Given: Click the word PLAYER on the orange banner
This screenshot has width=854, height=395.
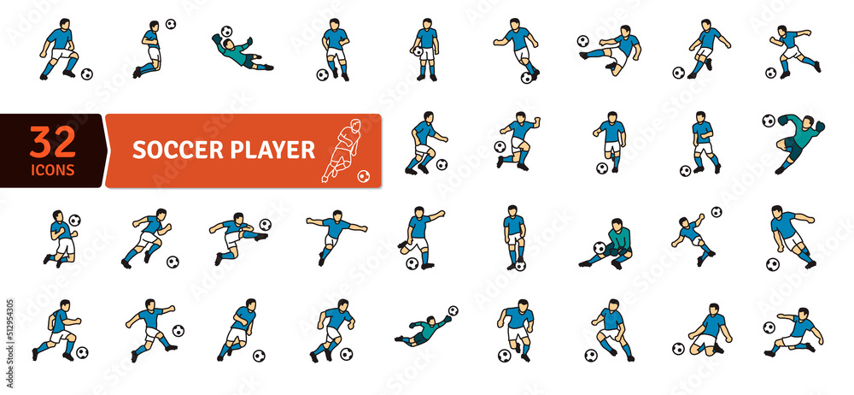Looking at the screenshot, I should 272,150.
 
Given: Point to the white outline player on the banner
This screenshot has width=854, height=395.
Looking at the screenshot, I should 342,150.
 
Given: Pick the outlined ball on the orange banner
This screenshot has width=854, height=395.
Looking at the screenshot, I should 364,176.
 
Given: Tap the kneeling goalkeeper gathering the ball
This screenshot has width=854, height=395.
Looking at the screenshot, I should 613,245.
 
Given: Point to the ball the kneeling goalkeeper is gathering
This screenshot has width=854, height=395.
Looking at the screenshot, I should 600,249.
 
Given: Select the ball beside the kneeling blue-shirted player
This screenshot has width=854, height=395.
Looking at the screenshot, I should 678,348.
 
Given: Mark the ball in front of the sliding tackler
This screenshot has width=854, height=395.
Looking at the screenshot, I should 769,327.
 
